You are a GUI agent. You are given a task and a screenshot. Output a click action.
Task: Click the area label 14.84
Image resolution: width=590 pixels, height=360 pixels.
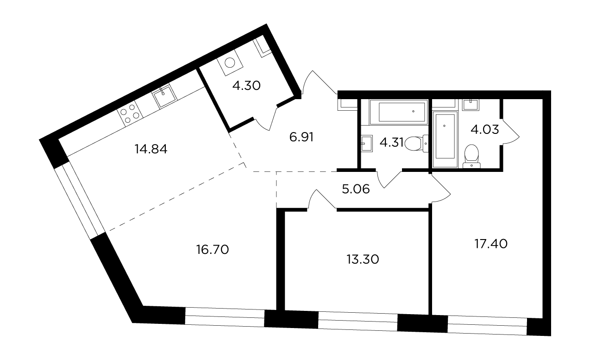pyautogui.click(x=151, y=149)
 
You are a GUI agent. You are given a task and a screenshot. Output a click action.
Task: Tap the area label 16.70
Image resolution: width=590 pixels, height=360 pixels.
pyautogui.click(x=213, y=250)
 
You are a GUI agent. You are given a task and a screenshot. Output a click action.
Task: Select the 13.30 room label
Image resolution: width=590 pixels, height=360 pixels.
pyautogui.click(x=363, y=259)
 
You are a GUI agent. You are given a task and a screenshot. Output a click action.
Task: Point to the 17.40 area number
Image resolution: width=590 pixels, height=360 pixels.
pyautogui.click(x=491, y=244)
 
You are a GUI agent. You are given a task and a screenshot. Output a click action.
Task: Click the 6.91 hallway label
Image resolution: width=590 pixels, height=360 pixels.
pyautogui.click(x=301, y=137)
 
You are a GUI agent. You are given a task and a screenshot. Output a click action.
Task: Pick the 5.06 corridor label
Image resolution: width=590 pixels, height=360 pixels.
pyautogui.click(x=356, y=189)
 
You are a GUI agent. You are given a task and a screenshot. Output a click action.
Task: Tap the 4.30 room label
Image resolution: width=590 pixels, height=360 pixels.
pyautogui.click(x=246, y=86)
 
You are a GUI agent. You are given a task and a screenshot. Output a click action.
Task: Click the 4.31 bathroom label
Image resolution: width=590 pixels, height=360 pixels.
pyautogui.click(x=391, y=143)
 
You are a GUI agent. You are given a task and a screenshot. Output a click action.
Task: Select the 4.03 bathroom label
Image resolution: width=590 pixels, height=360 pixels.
pyautogui.click(x=485, y=130)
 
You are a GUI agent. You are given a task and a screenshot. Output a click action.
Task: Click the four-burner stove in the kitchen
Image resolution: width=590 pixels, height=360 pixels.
pyautogui.click(x=130, y=114)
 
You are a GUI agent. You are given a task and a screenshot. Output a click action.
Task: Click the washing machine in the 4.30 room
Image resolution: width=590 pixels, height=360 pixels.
pyautogui.click(x=230, y=63)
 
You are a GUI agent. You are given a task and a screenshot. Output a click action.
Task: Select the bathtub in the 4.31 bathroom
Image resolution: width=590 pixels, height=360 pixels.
pyautogui.click(x=398, y=112)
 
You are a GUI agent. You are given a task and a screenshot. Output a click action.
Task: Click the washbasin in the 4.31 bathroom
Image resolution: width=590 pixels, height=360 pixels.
pyautogui.click(x=367, y=144)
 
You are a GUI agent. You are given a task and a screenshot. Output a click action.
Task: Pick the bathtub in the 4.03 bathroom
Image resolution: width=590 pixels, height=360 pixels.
pyautogui.click(x=445, y=139)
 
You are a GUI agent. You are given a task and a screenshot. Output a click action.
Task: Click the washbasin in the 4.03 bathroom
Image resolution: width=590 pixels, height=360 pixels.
pyautogui.click(x=471, y=105)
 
